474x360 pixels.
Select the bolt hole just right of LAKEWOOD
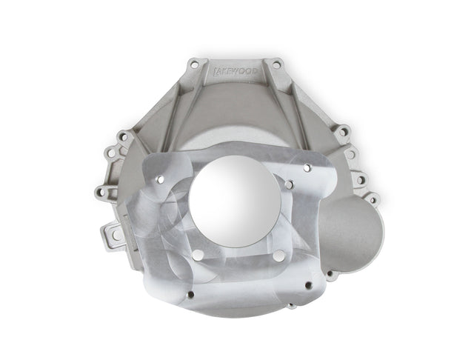point(276,64)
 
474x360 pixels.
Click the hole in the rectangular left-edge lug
point(116,235)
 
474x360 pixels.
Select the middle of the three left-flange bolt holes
point(110,154)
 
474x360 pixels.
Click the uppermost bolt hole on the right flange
point(343,133)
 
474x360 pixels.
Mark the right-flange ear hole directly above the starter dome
point(372,199)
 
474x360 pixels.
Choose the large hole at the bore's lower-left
point(197,256)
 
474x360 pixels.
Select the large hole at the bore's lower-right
point(277,256)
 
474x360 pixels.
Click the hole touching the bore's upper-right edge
point(289,183)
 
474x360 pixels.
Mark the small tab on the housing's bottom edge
point(292,304)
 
